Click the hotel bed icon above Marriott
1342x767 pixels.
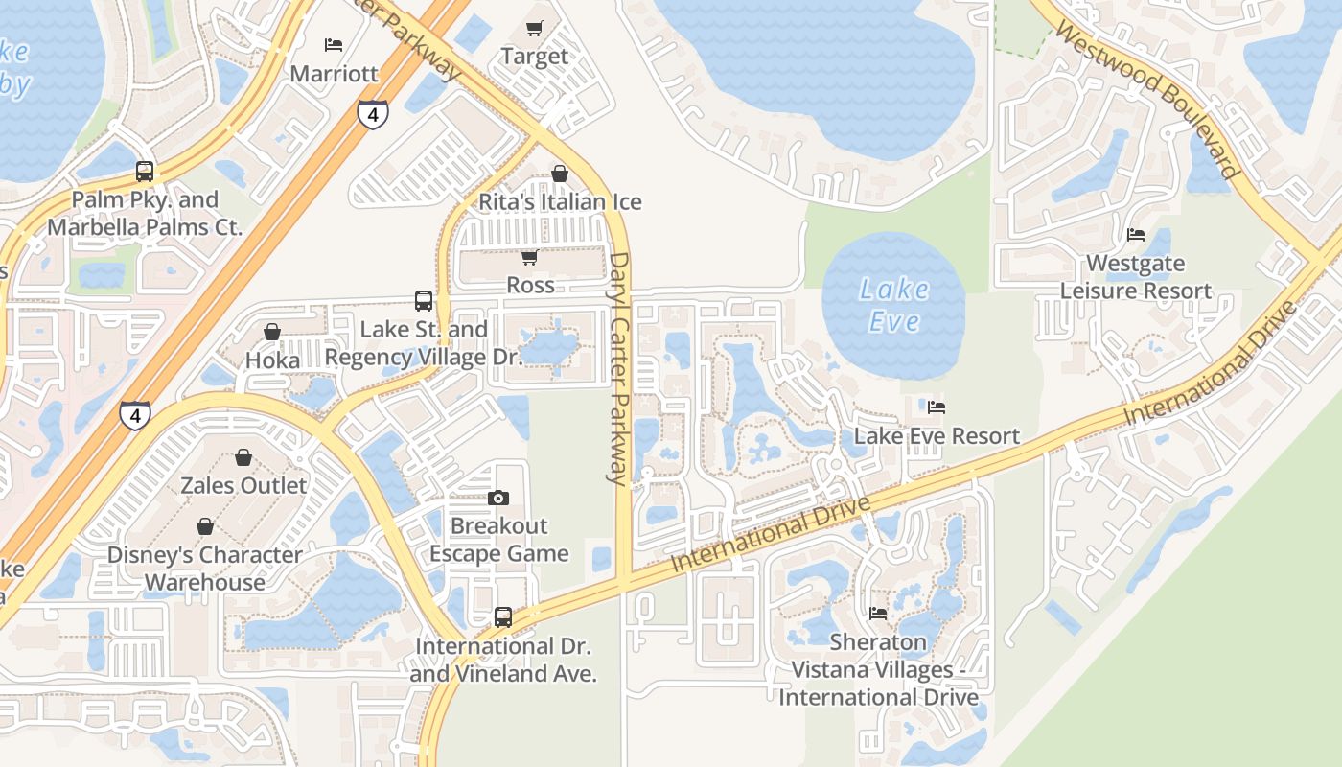(x=334, y=45)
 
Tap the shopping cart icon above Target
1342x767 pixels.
(x=535, y=29)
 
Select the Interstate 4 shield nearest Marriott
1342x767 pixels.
(x=373, y=113)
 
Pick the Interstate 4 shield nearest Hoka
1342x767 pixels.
(x=135, y=415)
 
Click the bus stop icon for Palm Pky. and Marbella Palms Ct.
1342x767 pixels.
(x=145, y=172)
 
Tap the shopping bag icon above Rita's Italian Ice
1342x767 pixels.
(x=560, y=174)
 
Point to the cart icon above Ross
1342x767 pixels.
(x=529, y=257)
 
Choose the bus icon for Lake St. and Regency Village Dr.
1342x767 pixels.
(x=424, y=301)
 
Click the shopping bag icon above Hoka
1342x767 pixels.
(x=272, y=332)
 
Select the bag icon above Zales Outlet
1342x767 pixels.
(x=243, y=457)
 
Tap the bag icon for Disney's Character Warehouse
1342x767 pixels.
(x=204, y=526)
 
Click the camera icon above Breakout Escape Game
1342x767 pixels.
(x=498, y=498)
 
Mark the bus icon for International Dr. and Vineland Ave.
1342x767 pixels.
(x=503, y=617)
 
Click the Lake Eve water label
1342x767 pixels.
(x=893, y=305)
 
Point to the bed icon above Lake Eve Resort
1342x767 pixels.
(x=937, y=407)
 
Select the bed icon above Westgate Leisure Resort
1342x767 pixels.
(x=1136, y=235)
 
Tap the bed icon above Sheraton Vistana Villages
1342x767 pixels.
(x=878, y=614)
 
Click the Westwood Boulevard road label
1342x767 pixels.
(x=1148, y=101)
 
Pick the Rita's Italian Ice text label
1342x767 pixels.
(x=560, y=202)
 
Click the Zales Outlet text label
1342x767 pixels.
(x=244, y=485)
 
